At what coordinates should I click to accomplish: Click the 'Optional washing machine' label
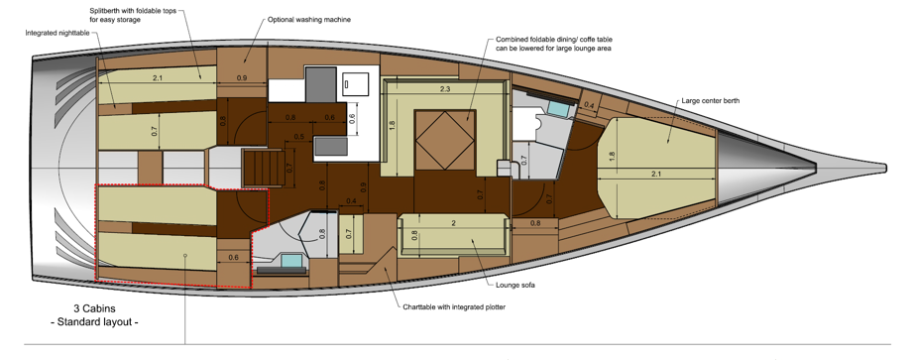pyautogui.click(x=309, y=19)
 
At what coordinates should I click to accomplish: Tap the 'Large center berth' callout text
pyautogui.click(x=711, y=101)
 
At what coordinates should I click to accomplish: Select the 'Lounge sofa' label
pyautogui.click(x=515, y=286)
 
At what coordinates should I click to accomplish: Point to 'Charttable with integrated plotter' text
pyautogui.click(x=454, y=306)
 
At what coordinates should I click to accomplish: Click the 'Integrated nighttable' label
pyautogui.click(x=57, y=34)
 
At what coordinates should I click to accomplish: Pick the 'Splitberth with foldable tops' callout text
pyautogui.click(x=133, y=11)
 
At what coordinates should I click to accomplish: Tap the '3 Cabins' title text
pyautogui.click(x=94, y=308)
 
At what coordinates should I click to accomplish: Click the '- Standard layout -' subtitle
pyautogui.click(x=94, y=322)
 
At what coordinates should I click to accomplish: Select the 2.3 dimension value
pyautogui.click(x=444, y=89)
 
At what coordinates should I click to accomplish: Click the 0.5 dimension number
pyautogui.click(x=299, y=137)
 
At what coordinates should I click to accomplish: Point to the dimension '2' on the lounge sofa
pyautogui.click(x=453, y=223)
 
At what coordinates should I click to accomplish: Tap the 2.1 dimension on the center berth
pyautogui.click(x=656, y=174)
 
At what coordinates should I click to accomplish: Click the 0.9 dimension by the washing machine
pyautogui.click(x=241, y=78)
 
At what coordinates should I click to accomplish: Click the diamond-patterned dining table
pyautogui.click(x=445, y=140)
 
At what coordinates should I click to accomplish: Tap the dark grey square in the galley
pyautogui.click(x=321, y=84)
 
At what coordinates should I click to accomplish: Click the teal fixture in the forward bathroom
pyautogui.click(x=559, y=108)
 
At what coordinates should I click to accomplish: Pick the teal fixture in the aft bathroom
pyautogui.click(x=290, y=260)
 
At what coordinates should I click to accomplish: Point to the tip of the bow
pyautogui.click(x=886, y=168)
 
